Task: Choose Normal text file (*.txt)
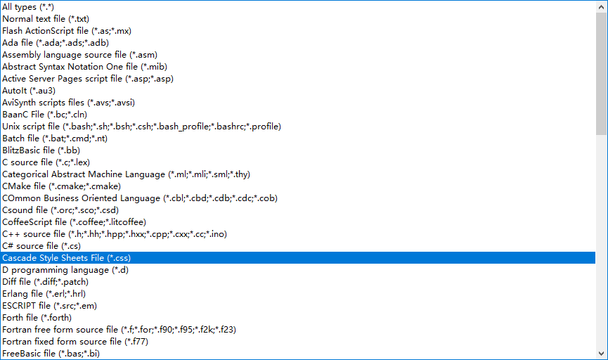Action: pos(46,18)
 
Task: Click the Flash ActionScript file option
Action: pos(67,30)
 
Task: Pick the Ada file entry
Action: pos(56,42)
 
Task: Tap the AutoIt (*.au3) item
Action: pos(29,90)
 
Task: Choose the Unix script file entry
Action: pos(141,126)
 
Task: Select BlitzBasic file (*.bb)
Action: pos(41,150)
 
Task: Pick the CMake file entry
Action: pos(61,186)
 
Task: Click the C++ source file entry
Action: pos(115,233)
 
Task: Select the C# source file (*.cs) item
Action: pos(41,245)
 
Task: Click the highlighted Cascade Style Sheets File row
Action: pos(66,257)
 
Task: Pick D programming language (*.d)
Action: pos(65,269)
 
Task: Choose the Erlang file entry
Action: pos(44,293)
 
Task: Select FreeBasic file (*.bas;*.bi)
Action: pos(51,353)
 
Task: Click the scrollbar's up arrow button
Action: pos(601,6)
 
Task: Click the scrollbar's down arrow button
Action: pos(601,353)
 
